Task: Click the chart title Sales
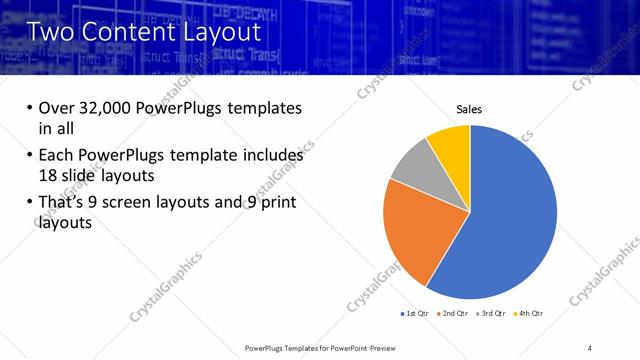470,109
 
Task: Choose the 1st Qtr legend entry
416,314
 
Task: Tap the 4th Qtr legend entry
530,314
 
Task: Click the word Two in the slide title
53,32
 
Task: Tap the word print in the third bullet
279,204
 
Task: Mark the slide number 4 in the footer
590,346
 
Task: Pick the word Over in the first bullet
57,108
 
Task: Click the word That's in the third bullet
65,204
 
